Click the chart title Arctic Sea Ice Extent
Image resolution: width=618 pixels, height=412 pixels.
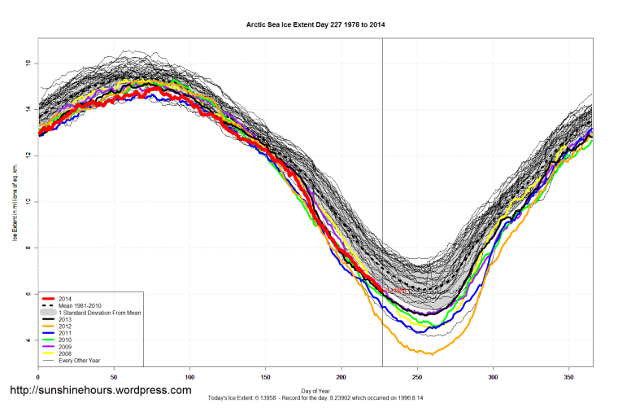[x=316, y=24]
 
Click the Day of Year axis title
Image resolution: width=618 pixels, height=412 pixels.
[x=316, y=389]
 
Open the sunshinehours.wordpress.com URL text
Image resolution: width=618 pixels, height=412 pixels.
[x=100, y=391]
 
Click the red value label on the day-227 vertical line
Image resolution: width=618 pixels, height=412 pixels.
[x=394, y=291]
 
